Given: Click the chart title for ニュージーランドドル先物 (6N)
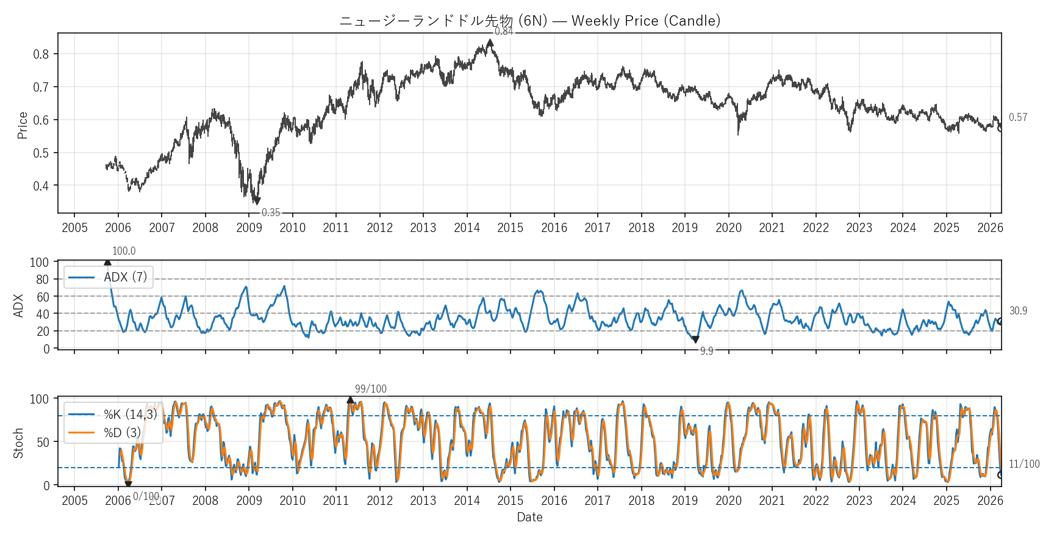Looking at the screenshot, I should tap(529, 21).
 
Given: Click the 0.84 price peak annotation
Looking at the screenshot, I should tap(504, 32).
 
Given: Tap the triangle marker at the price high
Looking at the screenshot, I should tap(490, 43).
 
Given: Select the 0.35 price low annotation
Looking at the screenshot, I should tap(271, 212).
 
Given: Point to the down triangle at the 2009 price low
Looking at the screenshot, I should tap(257, 201).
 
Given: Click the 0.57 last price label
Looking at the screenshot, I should tap(1017, 117).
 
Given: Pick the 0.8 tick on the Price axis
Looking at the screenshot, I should tap(41, 54).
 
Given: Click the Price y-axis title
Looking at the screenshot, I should tap(23, 125).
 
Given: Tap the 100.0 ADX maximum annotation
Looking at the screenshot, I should tap(124, 251).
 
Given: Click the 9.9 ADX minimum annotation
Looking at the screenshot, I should tap(706, 351).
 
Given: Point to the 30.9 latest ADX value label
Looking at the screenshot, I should tap(1018, 311).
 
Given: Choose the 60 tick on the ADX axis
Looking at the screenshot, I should tap(43, 297).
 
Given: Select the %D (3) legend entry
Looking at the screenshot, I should tap(122, 432).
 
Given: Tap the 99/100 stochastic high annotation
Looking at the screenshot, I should tap(370, 389).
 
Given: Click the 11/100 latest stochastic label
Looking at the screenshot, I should tap(1024, 464).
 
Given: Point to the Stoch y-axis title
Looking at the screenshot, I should tap(18, 443).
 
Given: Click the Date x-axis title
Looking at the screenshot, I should tap(529, 517).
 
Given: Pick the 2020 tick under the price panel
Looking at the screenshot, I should tap(728, 228).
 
